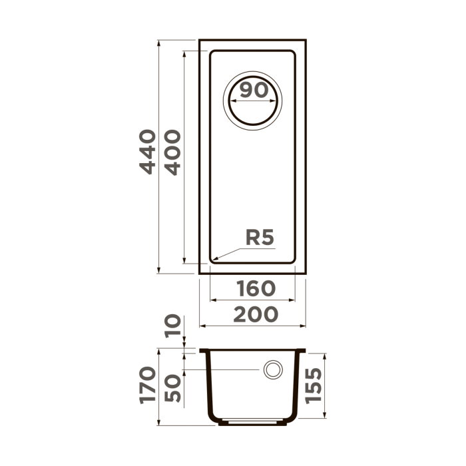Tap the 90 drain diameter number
[x=254, y=90]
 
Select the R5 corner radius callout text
[x=260, y=238]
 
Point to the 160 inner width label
[x=256, y=289]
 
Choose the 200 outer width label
[x=256, y=315]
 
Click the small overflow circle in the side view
[x=272, y=370]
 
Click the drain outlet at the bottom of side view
[x=252, y=421]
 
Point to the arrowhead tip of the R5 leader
[x=213, y=258]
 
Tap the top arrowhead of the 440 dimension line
[x=158, y=41]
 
